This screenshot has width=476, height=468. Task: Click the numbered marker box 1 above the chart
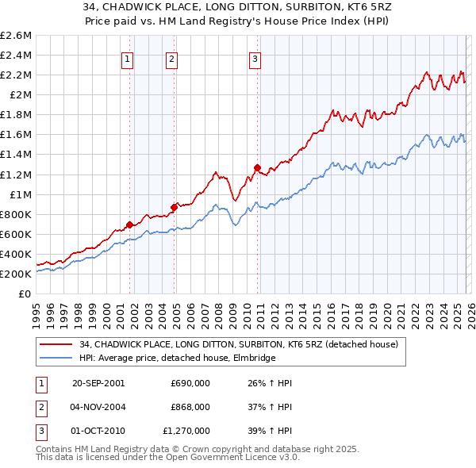tap(127, 57)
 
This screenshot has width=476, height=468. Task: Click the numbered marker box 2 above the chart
tap(171, 57)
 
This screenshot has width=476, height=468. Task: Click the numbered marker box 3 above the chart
tap(255, 57)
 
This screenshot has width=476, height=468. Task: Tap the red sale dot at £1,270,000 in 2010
tap(257, 167)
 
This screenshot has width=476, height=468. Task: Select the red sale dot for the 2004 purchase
tap(175, 207)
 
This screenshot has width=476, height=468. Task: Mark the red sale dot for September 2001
tap(130, 224)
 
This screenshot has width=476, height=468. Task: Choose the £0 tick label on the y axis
tap(24, 293)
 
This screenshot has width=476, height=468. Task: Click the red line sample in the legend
tap(57, 345)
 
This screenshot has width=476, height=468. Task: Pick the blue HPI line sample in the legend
tap(57, 359)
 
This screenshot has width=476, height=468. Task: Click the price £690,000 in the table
tap(190, 383)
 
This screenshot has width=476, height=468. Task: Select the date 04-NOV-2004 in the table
tap(98, 407)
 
